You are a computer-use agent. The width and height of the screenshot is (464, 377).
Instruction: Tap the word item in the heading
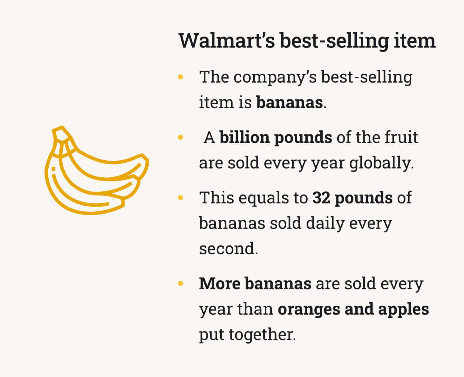tap(415, 41)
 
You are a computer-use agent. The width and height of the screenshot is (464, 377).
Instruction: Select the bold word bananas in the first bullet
tap(290, 102)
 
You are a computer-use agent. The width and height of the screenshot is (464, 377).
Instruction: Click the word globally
tap(381, 163)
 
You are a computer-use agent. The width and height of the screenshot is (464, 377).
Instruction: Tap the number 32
tap(321, 198)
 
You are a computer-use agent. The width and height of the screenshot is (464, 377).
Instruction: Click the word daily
tap(325, 224)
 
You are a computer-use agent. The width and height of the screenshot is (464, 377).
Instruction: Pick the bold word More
tap(220, 284)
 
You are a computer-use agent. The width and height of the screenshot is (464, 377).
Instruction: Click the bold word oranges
tap(309, 310)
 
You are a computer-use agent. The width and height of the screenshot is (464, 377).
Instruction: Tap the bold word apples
tap(404, 310)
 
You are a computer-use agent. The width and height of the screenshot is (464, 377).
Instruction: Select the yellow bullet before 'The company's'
tap(181, 77)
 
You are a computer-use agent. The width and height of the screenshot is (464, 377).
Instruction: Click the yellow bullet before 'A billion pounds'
tap(181, 137)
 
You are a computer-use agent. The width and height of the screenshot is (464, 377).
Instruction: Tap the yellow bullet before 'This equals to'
tap(181, 197)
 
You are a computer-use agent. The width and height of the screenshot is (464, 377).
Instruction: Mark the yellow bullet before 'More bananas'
tap(181, 283)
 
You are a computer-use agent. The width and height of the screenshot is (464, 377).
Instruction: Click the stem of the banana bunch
tap(62, 134)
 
